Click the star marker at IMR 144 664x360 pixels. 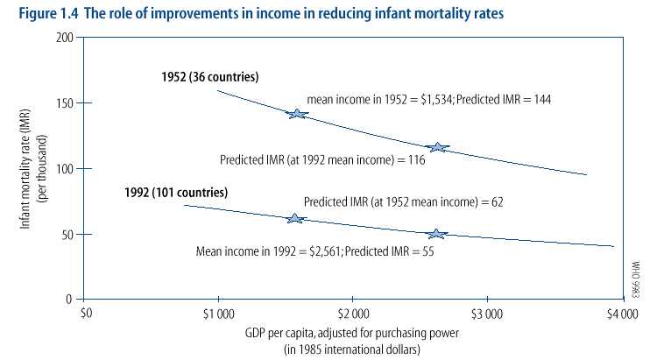(x=297, y=114)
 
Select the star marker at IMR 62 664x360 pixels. (x=294, y=218)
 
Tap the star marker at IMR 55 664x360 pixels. (x=436, y=233)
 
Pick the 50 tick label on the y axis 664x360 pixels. (x=67, y=234)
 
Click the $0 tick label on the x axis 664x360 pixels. (x=86, y=313)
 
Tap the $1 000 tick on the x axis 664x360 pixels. (x=217, y=313)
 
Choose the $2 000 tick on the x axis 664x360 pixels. (x=352, y=313)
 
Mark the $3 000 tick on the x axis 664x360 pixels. (x=486, y=313)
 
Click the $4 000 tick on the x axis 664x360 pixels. (x=621, y=313)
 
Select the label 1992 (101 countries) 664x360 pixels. (x=177, y=191)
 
